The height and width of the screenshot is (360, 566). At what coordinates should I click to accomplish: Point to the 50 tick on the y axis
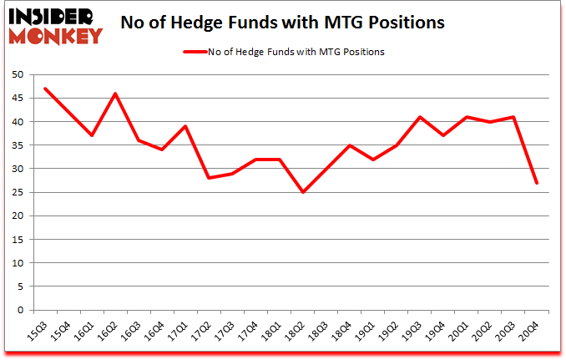[17, 75]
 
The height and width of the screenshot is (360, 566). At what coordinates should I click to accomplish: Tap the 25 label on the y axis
[17, 192]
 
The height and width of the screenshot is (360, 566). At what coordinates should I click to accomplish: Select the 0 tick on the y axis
[20, 310]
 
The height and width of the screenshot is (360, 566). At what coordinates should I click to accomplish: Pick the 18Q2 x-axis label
[296, 332]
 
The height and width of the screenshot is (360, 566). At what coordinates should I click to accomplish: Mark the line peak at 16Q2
[114, 94]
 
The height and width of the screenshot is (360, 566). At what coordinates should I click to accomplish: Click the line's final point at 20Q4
[537, 183]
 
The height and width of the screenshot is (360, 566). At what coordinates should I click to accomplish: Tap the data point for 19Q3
[420, 117]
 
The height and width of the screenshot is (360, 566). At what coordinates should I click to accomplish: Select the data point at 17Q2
[209, 178]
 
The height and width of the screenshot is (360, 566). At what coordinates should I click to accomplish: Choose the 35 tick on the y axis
[17, 145]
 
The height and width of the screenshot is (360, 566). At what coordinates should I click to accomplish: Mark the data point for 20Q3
[513, 117]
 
